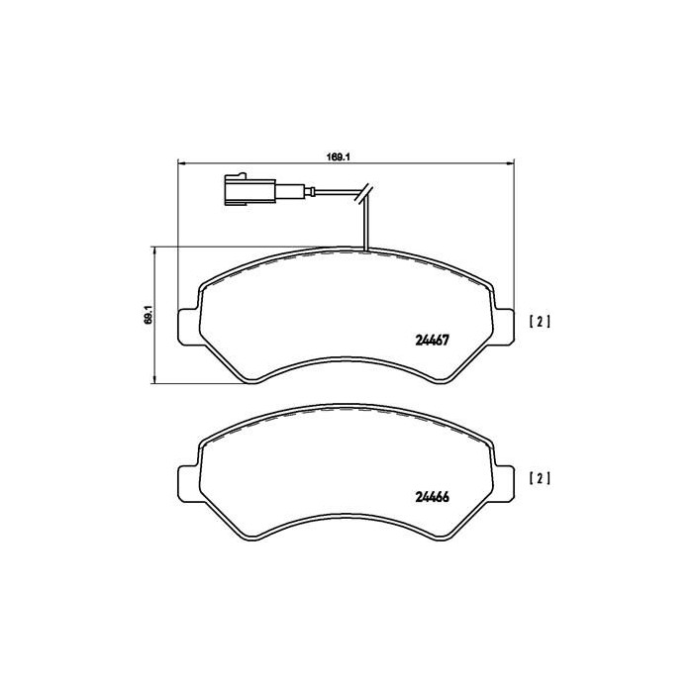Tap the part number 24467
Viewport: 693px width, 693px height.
coord(433,340)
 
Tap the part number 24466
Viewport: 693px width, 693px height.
coord(433,497)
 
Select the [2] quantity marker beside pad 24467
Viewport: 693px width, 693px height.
coord(540,322)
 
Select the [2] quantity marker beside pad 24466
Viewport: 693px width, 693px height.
coord(540,478)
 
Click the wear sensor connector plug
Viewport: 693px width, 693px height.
coord(250,190)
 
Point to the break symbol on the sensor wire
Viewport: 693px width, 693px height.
coord(363,193)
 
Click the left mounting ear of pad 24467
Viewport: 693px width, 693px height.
coord(189,326)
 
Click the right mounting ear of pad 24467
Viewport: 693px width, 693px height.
coord(503,326)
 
